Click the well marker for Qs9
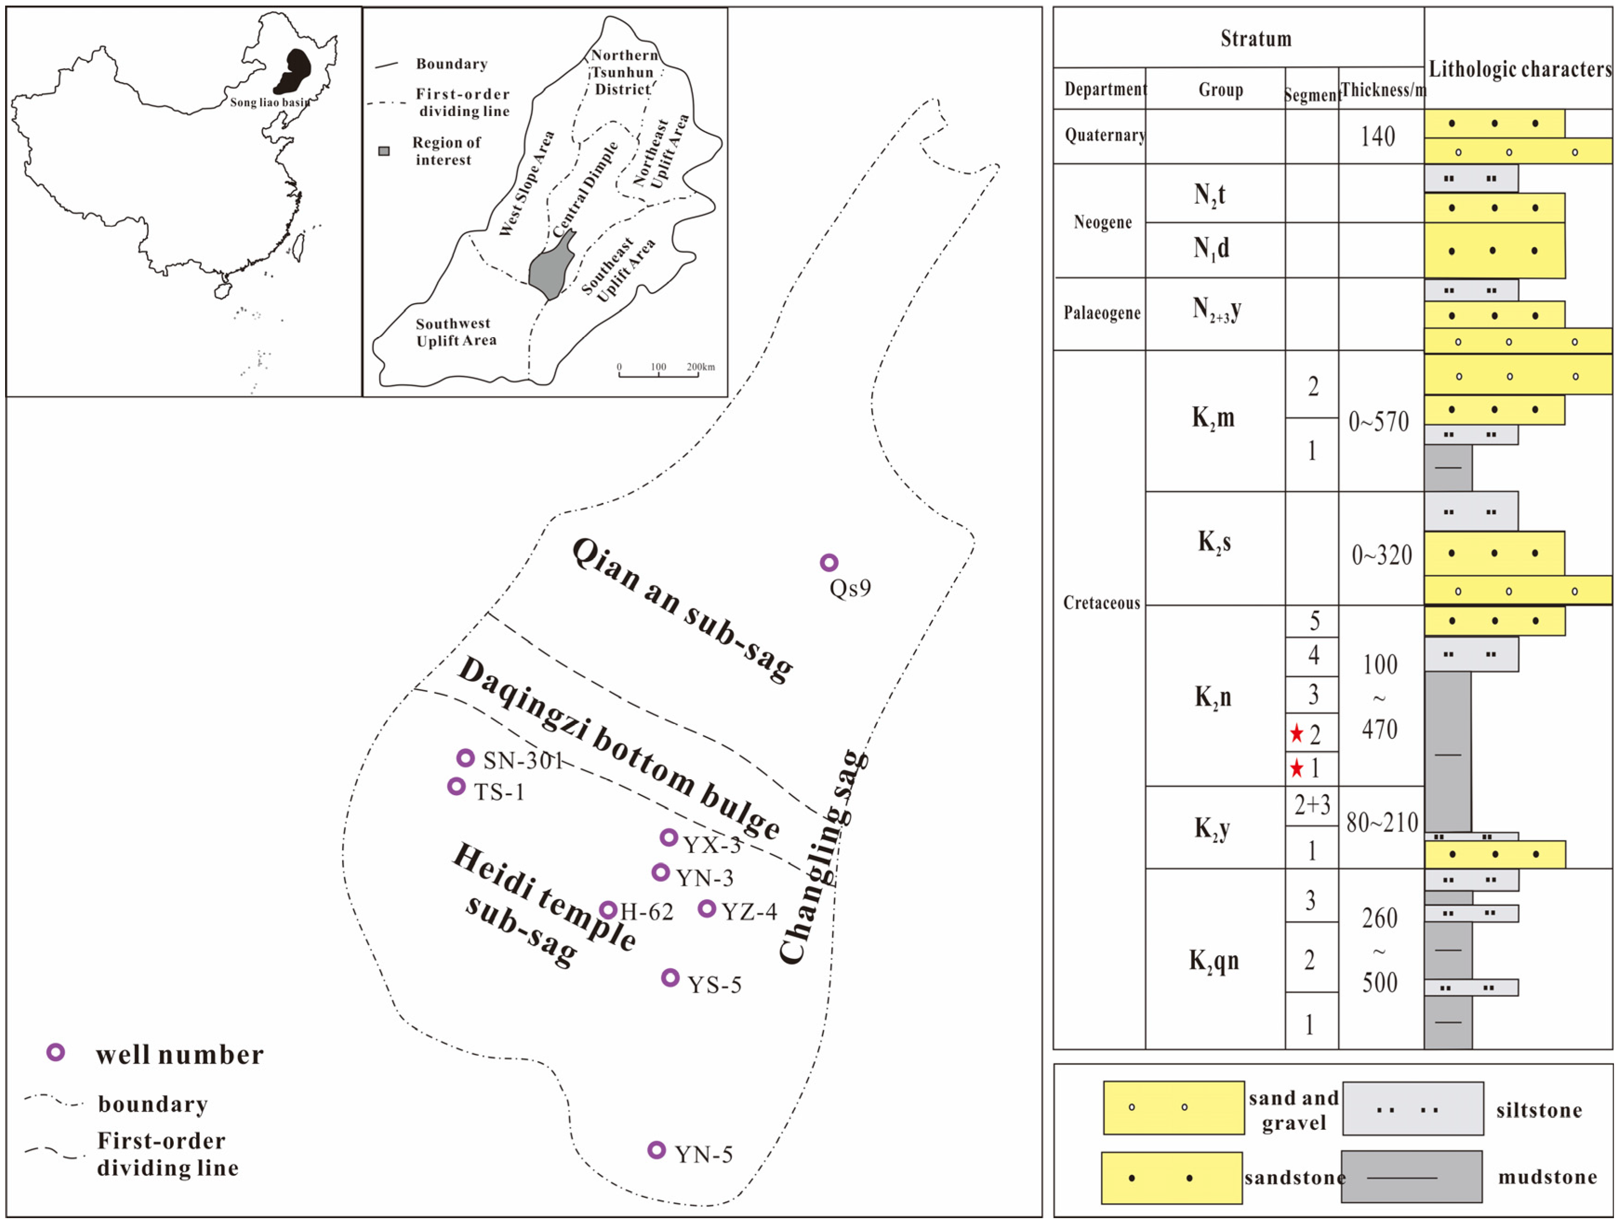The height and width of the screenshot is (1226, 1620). [x=828, y=562]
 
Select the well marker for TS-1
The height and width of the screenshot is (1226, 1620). [x=456, y=786]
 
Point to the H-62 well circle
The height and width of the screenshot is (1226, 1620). [x=608, y=910]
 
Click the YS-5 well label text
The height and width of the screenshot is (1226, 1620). [x=714, y=985]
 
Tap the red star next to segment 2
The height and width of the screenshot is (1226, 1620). [x=1296, y=733]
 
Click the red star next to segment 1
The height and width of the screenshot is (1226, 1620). [x=1296, y=768]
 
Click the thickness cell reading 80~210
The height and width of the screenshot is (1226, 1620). [x=1381, y=823]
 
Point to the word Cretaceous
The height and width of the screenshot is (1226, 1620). [x=1101, y=603]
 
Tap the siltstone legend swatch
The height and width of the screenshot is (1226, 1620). [x=1413, y=1109]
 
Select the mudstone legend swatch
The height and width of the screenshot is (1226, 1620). [x=1411, y=1177]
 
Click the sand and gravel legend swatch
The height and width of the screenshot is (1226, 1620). [x=1173, y=1108]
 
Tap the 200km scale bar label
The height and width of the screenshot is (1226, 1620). [x=700, y=367]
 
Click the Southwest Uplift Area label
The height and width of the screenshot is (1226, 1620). [x=455, y=332]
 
